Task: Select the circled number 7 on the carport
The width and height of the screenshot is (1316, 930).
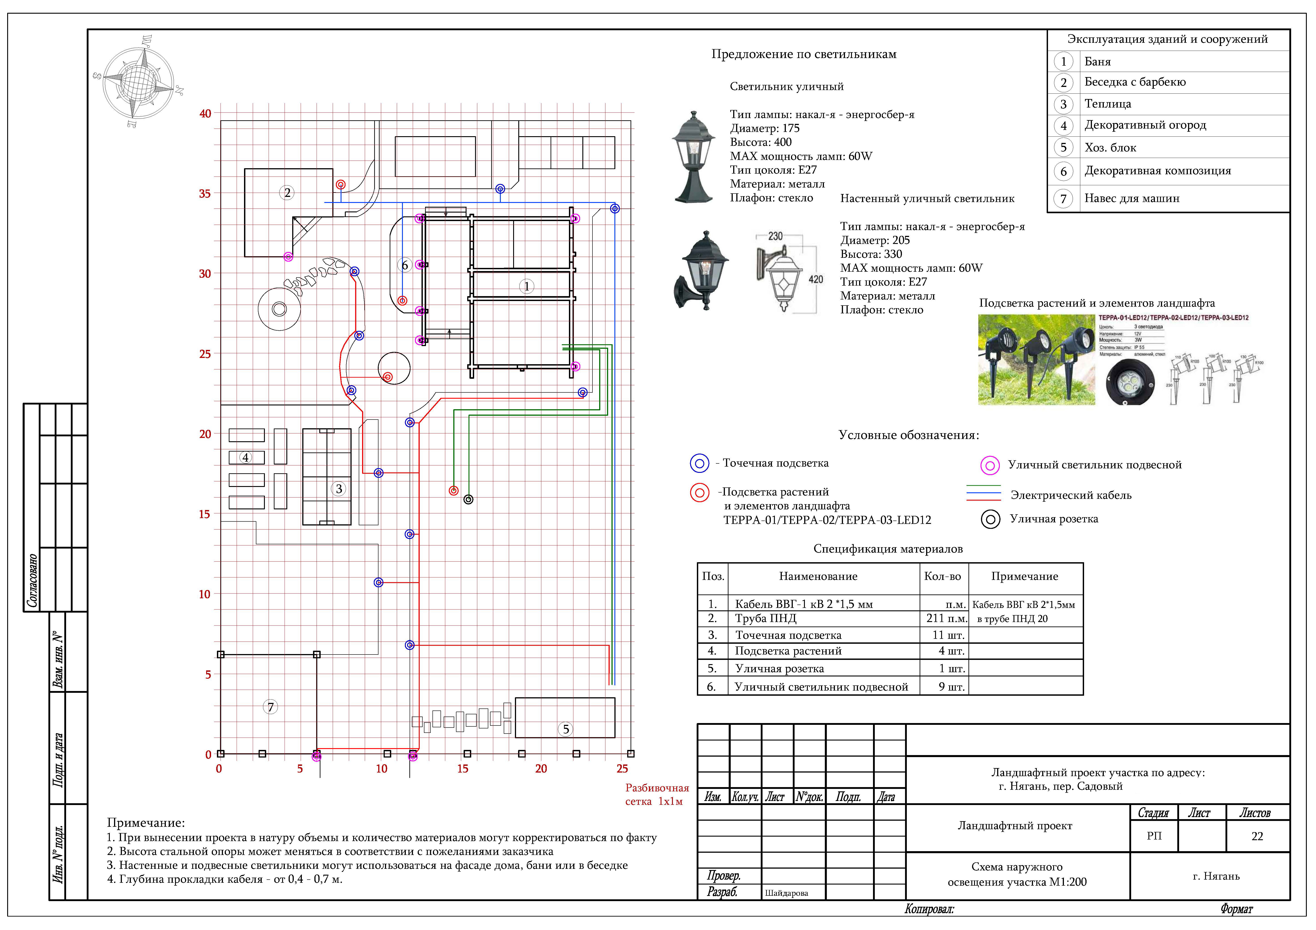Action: pyautogui.click(x=270, y=707)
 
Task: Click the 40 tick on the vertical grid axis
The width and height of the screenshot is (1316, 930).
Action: pyautogui.click(x=205, y=114)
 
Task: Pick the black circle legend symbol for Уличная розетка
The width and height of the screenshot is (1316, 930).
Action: pyautogui.click(x=990, y=519)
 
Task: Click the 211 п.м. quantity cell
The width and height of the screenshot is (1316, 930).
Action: pyautogui.click(x=946, y=618)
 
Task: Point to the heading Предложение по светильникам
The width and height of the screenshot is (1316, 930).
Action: pyautogui.click(x=804, y=54)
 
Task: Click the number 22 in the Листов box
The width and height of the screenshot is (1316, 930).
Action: pyautogui.click(x=1257, y=837)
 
